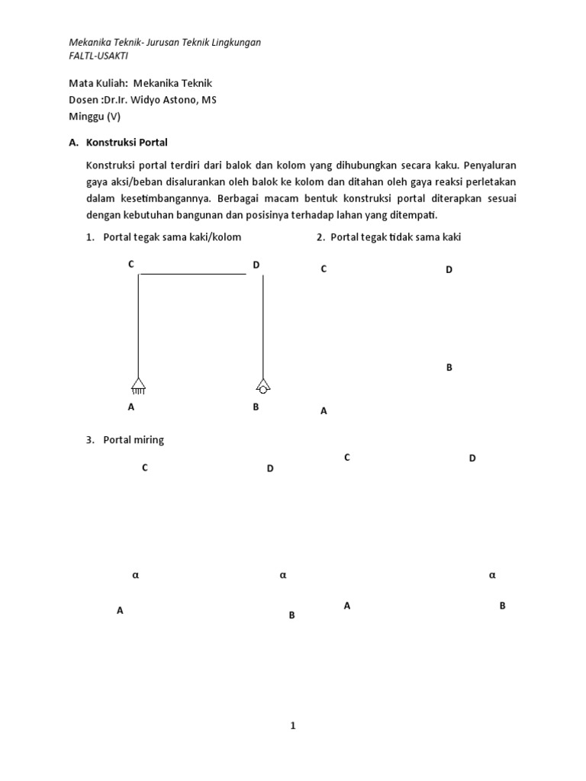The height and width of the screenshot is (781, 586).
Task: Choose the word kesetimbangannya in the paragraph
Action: pyautogui.click(x=159, y=198)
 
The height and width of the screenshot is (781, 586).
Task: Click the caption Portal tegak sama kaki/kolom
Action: pyautogui.click(x=172, y=237)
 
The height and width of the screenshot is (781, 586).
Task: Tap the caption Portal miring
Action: pyautogui.click(x=134, y=440)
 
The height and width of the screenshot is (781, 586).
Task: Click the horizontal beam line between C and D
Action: pyautogui.click(x=193, y=274)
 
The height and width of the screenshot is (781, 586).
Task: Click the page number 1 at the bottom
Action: pyautogui.click(x=292, y=726)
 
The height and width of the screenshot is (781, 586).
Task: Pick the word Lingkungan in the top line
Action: pyautogui.click(x=233, y=42)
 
